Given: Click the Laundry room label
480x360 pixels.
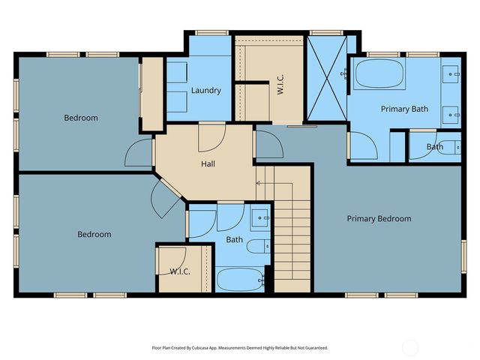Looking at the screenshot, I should pos(205,91).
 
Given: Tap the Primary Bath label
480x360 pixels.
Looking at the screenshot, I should pos(404,109).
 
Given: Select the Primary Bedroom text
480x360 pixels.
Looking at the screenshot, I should pos(379,219).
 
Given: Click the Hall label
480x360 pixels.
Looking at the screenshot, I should pos(209,163).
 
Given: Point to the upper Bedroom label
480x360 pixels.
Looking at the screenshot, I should pos(80,118).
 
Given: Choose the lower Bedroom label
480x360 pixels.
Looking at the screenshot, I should pos(94,235).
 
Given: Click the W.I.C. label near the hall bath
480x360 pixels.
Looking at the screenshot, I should pos(179,271).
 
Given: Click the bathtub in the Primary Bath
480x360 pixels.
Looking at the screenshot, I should pos(379,75).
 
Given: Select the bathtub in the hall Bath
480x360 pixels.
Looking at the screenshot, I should pos(239,280).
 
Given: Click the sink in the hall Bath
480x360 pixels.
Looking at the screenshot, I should pos(260,218).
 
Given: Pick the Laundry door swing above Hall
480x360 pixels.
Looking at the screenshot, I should pos(210,136).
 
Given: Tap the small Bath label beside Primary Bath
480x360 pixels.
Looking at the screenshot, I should pos(435,147).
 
